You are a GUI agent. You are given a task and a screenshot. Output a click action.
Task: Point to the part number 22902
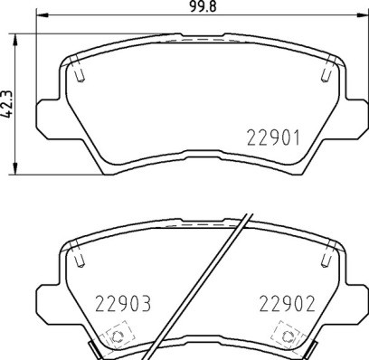(285, 305)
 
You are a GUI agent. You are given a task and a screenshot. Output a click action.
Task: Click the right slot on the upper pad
(325, 70)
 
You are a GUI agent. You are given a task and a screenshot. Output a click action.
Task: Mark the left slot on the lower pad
(80, 257)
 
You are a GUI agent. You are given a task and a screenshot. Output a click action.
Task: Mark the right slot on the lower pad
(325, 258)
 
